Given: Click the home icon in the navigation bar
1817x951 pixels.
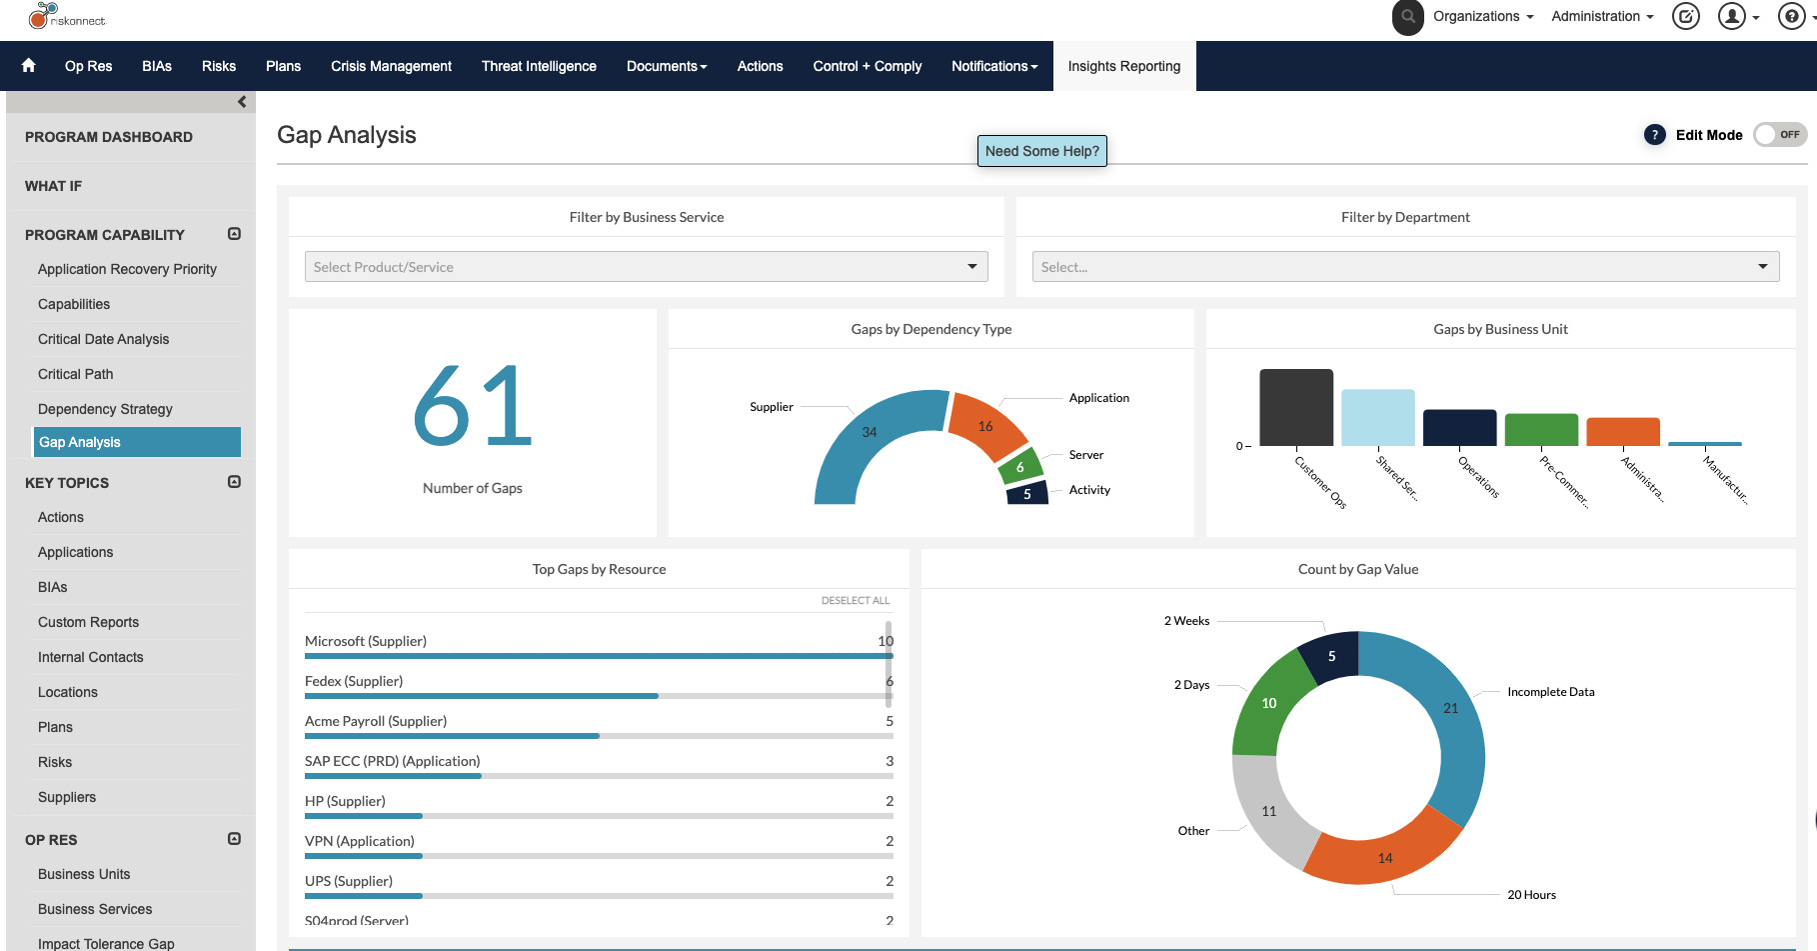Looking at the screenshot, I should coord(28,65).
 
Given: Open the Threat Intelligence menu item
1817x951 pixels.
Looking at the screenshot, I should coord(539,66).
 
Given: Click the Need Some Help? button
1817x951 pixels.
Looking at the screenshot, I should coord(1041,151).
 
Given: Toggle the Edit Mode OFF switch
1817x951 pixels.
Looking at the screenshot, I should coord(1779,134).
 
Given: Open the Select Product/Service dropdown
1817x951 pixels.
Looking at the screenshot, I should coord(646,267).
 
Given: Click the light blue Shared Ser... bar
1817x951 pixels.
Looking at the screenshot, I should coord(1377,417).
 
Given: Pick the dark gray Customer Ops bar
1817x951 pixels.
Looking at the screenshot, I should coord(1295,407).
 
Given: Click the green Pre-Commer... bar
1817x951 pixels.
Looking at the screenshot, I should coord(1541,429).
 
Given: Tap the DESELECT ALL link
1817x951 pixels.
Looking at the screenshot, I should coord(855,601).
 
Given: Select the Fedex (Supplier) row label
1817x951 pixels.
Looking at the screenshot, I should coord(354,681).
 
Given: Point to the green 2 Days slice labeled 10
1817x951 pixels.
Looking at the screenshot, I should coord(1267,705).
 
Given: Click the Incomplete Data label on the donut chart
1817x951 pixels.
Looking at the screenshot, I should coord(1550,692).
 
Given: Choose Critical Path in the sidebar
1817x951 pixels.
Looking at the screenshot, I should coord(76,374).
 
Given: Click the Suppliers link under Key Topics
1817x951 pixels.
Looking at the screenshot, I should coord(67,797).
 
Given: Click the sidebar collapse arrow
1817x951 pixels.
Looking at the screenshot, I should coord(242,102).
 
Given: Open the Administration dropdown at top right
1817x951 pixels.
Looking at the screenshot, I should coord(1601,16).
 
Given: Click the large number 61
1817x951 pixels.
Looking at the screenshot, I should coord(472,406).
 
